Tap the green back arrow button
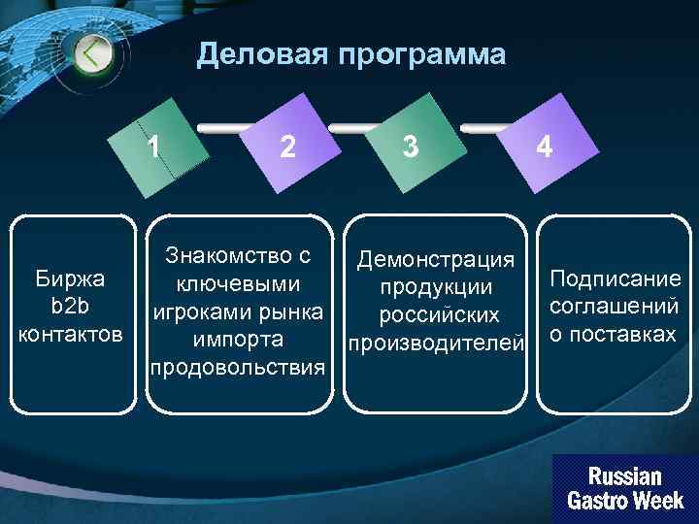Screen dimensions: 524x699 click(93, 52)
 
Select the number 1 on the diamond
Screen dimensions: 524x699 click(153, 147)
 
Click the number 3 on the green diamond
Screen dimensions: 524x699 click(411, 147)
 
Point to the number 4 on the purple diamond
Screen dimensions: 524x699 click(546, 147)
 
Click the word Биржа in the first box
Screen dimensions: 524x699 click(70, 280)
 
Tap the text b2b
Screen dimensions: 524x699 click(70, 308)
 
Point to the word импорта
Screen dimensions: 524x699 click(238, 341)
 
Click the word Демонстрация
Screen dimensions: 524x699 click(435, 260)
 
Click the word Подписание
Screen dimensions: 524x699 click(615, 279)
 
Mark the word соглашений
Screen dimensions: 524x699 click(615, 307)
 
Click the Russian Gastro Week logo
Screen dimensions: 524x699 click(624, 489)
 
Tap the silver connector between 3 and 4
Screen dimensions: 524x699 click(483, 127)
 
